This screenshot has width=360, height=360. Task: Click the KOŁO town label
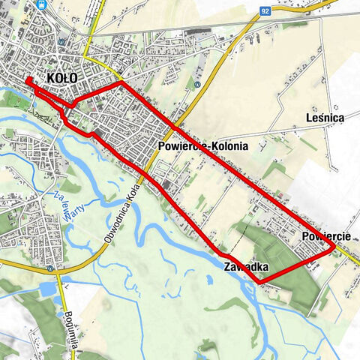[62, 77]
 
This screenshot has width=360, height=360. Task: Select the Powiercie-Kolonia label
[202, 147]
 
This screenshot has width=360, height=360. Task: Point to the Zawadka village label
[245, 267]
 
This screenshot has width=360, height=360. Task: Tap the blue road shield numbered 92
[265, 12]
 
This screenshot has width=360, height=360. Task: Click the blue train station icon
[43, 4]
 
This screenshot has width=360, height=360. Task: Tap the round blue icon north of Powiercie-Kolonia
[196, 84]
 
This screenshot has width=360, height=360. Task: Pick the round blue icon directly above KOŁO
[61, 64]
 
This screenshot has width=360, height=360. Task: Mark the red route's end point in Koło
[28, 80]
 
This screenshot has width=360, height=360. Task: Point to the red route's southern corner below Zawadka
[262, 282]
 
